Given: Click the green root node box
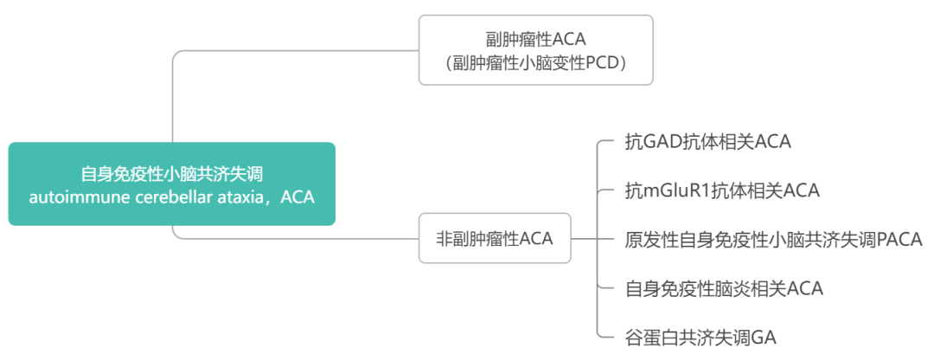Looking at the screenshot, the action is pos(171,184).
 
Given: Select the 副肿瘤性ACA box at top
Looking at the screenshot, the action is pos(535,50).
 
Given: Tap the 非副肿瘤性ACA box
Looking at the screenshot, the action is pos(495,238).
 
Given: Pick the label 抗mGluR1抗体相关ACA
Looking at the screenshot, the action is pos(722,190).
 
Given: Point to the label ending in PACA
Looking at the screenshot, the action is pos(773,239).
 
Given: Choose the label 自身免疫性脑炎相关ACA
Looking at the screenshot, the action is pos(724,288).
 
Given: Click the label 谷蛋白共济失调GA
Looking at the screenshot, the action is pos(700,338).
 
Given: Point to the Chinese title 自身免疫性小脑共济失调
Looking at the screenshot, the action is pos(171,174).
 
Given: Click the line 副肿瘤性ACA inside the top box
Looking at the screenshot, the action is pos(535,39).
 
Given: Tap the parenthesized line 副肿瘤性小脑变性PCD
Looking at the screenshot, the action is pos(535,63).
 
